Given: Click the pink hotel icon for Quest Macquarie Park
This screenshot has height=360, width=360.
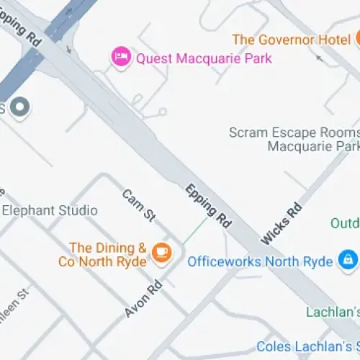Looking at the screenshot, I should pos(120,56).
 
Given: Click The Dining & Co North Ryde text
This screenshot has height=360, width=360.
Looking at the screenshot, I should pos(102,255).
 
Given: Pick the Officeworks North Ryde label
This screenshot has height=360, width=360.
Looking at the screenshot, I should pos(260,261).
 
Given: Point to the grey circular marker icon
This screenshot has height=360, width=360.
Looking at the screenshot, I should pos(21,107).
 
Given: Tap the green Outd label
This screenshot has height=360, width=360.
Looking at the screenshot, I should pos(345,223).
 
